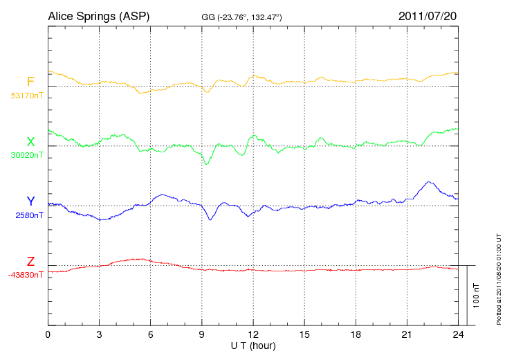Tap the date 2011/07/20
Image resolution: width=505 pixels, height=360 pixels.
[428, 15]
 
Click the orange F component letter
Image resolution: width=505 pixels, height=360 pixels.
[30, 82]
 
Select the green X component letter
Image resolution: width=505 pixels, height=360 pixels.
[30, 142]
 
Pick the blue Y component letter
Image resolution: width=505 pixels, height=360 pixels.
[30, 201]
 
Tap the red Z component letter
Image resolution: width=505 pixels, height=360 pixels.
[30, 262]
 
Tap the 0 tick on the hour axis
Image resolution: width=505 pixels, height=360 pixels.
[48, 334]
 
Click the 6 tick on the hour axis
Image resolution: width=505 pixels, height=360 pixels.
[151, 334]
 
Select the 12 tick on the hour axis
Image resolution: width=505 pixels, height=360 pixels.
[253, 334]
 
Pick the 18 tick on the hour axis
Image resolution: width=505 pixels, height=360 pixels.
[356, 334]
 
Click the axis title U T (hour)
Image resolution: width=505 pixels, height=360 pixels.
[253, 345]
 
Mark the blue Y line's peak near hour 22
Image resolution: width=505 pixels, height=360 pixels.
[430, 182]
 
